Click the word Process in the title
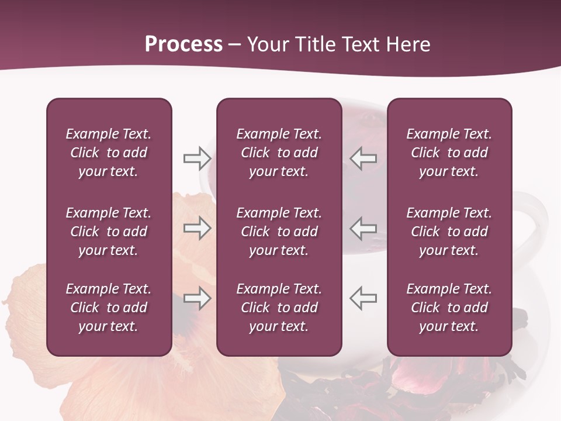pos(183,44)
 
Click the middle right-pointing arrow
pos(197,228)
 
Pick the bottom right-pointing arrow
pos(197,298)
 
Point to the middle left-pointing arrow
pos(363,228)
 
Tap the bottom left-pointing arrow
pos(363,298)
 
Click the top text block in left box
pos(109,153)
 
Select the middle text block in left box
pos(109,232)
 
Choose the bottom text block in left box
pos(109,308)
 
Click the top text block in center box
pos(279,153)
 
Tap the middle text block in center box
pos(279,232)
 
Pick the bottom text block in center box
pos(279,308)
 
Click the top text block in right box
pos(449,153)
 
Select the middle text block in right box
pos(449,232)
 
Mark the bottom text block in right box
pos(449,308)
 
